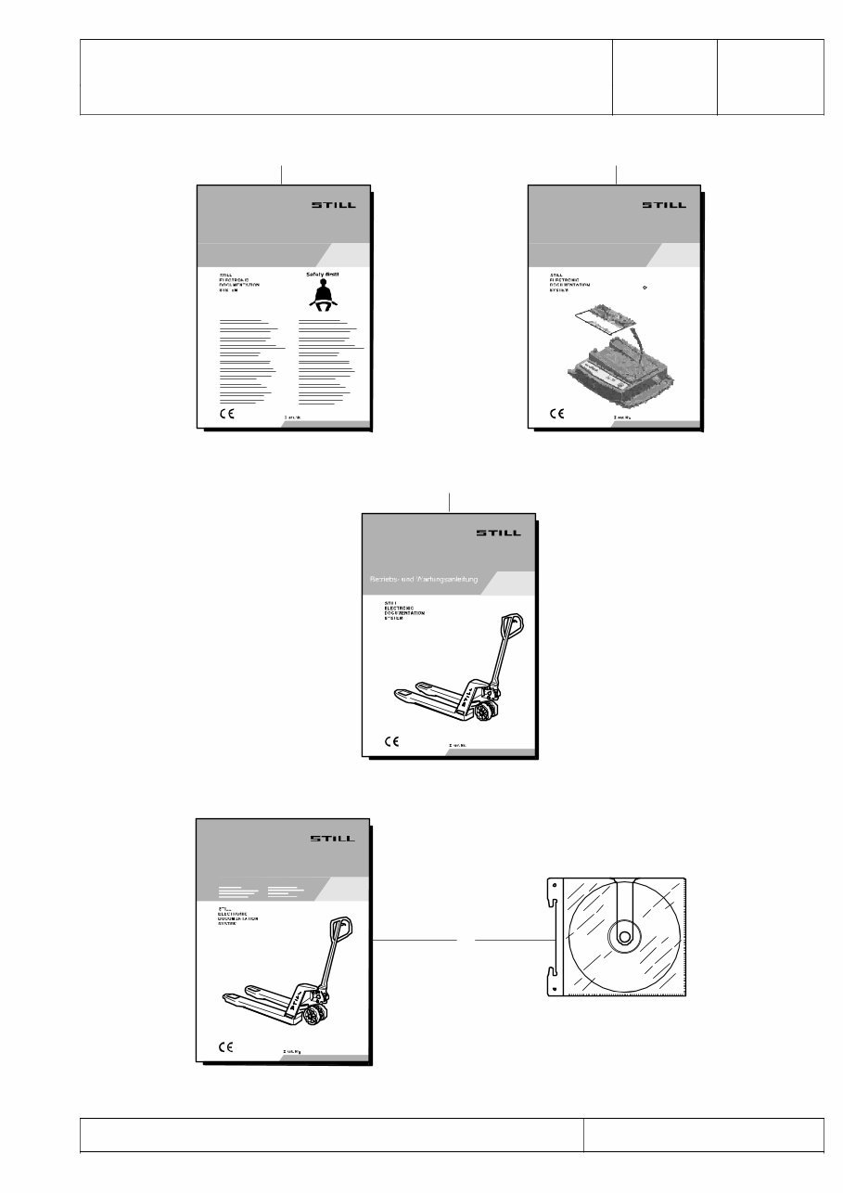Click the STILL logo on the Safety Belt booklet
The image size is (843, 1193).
[331, 205]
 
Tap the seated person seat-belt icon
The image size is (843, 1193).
[323, 297]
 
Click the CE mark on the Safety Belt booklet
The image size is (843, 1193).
[225, 414]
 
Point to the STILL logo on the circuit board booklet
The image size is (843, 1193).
[665, 205]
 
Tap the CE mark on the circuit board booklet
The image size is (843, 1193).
[557, 414]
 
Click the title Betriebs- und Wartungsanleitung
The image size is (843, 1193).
[423, 581]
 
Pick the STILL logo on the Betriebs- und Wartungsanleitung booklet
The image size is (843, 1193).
[498, 533]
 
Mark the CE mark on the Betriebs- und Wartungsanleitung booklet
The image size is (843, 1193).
[392, 741]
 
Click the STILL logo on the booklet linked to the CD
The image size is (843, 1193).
[331, 838]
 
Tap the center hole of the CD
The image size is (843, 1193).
[620, 938]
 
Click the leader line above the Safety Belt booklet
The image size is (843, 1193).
[281, 173]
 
